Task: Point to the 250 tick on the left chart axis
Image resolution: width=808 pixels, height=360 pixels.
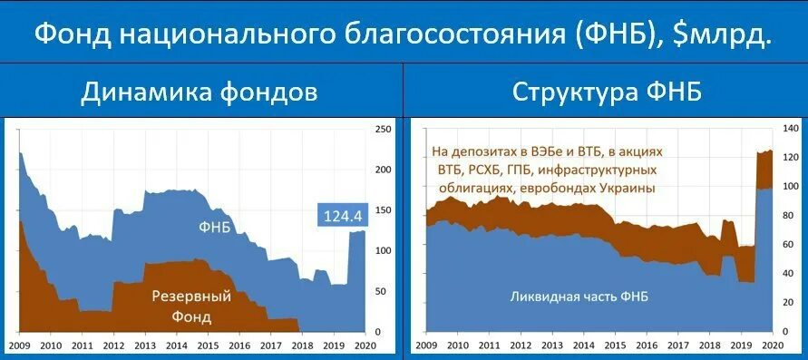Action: [384, 130]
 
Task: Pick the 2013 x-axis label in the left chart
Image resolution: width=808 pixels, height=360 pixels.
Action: [145, 345]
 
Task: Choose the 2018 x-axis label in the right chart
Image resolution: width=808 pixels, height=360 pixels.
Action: [708, 345]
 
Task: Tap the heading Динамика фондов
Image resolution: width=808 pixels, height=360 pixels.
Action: [200, 93]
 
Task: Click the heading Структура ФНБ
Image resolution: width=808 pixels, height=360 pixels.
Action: [606, 93]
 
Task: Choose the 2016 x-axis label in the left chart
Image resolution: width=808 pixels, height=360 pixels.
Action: [240, 345]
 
